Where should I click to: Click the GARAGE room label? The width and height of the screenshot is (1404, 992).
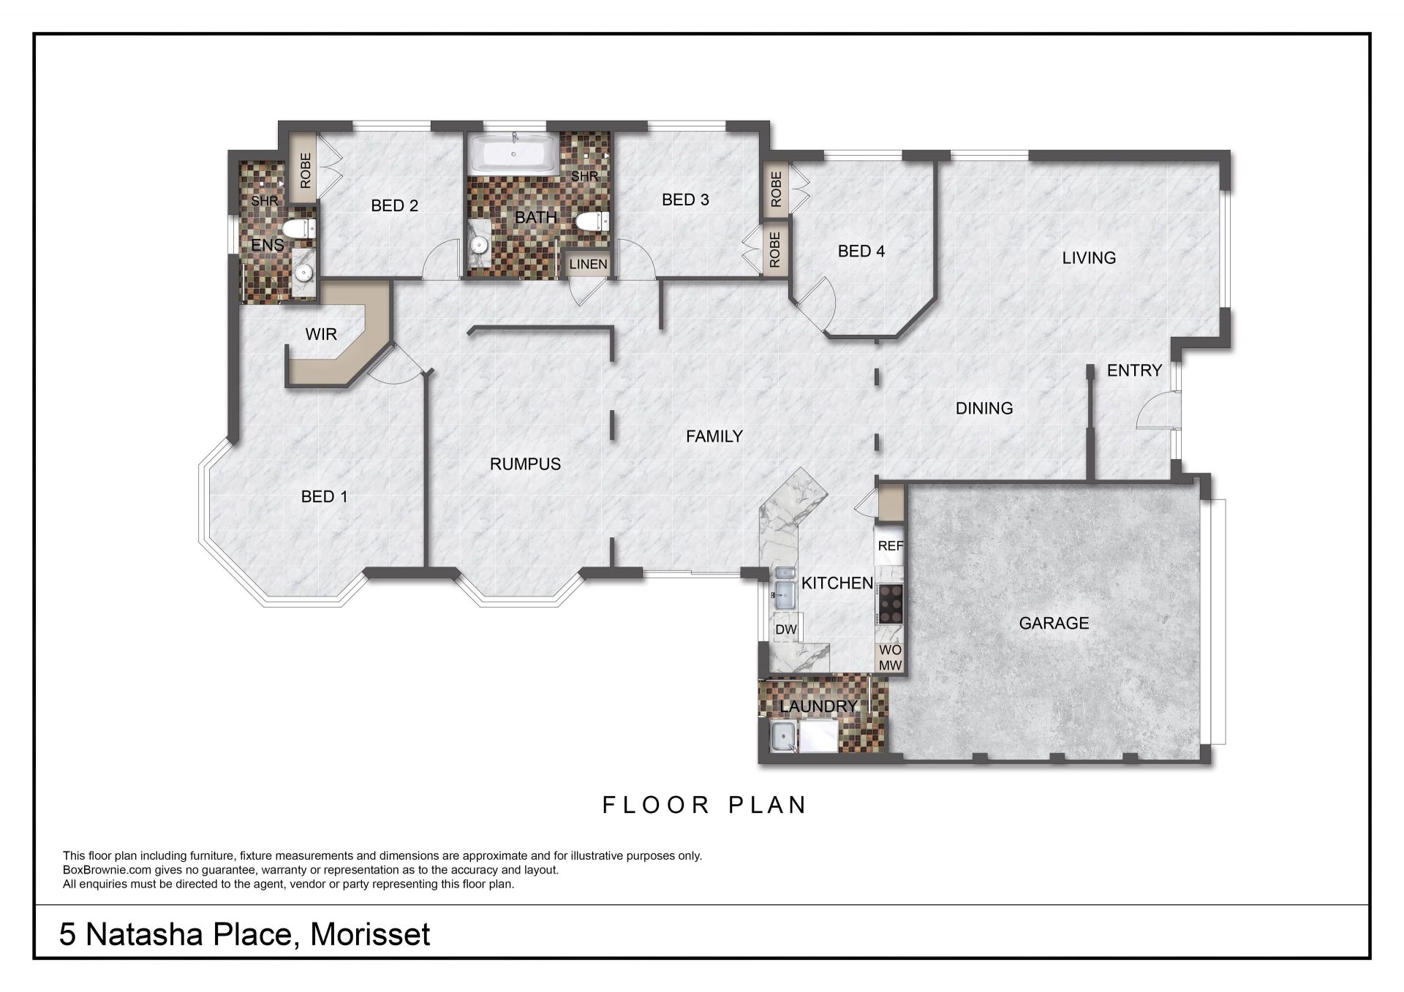coord(1054,623)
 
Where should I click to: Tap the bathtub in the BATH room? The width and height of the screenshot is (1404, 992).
coord(514,154)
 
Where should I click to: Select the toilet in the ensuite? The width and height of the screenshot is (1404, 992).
coord(299,229)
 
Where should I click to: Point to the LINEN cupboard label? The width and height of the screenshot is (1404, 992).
coord(588,264)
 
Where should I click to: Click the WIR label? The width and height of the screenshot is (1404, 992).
coord(321,334)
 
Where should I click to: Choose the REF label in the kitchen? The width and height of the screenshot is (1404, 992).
coord(891,545)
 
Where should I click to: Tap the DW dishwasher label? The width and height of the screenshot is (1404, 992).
coord(786,629)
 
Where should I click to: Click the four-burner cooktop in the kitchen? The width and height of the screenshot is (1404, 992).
coord(890,604)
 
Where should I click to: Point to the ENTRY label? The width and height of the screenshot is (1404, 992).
coord(1134,371)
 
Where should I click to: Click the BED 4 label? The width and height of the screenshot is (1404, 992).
coord(861,251)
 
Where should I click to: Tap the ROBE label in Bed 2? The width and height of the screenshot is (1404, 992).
coord(306,170)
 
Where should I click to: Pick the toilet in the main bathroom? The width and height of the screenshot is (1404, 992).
coord(593,221)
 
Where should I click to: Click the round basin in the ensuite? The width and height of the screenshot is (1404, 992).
coord(303,273)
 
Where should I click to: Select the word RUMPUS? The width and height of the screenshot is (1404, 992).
coord(525,464)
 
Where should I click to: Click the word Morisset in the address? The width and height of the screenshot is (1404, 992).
coord(370,935)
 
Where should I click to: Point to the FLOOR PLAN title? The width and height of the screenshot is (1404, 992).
coord(704,805)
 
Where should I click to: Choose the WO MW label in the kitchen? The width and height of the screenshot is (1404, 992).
coord(891,658)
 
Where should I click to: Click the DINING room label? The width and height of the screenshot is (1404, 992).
coord(984,408)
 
